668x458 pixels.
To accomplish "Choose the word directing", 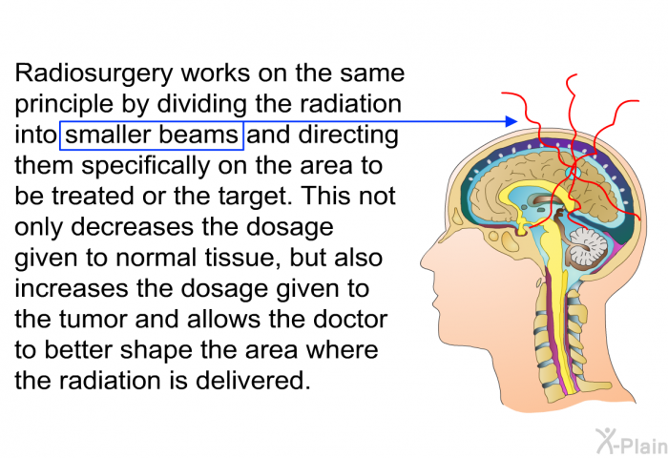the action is coord(348,135).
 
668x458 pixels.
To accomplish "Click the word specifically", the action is coord(145,167).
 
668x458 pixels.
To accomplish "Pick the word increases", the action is coord(72,288).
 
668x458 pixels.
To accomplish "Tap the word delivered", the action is coord(253,381).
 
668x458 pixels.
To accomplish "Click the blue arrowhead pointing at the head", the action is coord(511,121).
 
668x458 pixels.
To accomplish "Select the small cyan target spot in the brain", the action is coord(573,173).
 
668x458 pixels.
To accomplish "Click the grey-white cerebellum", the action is coord(588,248).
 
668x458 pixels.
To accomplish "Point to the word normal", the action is coord(155,258).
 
